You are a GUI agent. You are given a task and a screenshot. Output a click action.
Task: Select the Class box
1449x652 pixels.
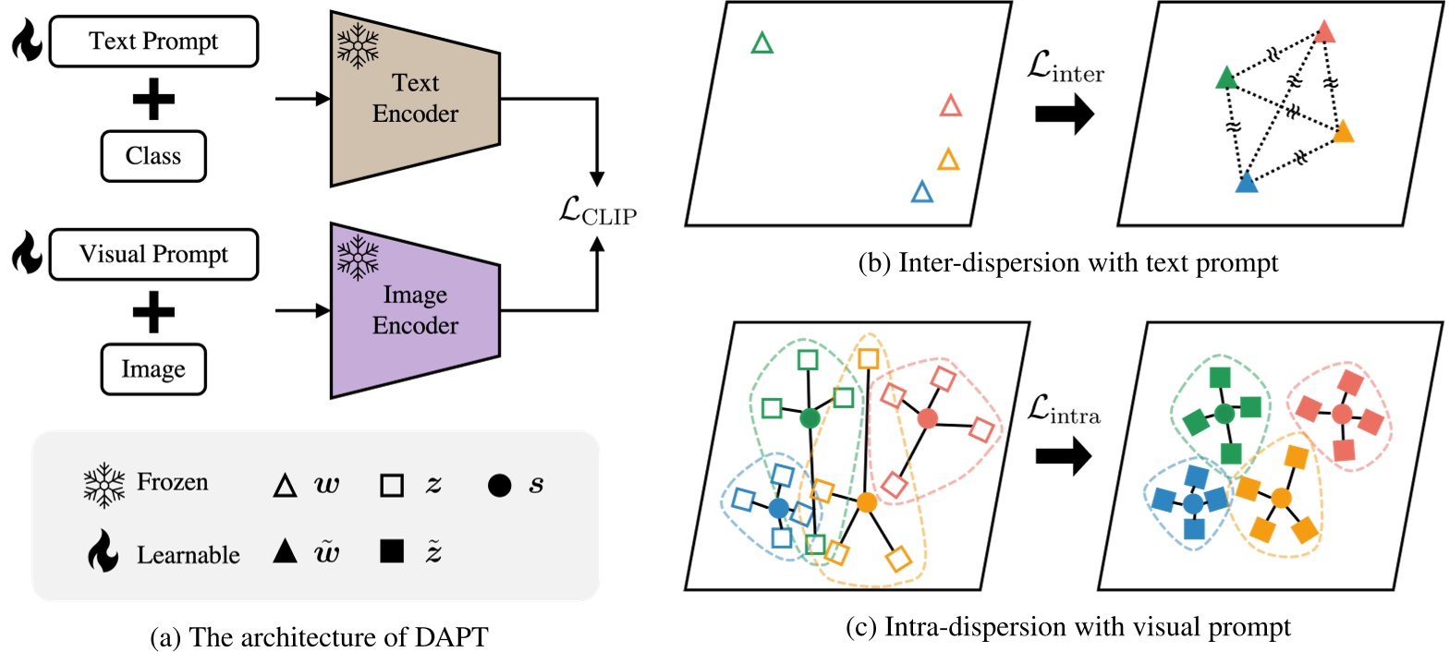(x=153, y=156)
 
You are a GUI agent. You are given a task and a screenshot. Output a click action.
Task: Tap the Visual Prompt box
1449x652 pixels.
(x=153, y=253)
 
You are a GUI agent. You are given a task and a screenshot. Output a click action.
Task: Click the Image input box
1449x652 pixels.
(x=153, y=369)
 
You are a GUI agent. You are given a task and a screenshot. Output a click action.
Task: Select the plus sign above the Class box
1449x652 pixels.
(x=153, y=99)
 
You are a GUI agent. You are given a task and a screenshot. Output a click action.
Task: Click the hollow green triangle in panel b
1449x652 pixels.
(x=761, y=42)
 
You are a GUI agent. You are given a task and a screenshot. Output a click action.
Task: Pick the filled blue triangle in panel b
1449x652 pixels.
(x=1247, y=182)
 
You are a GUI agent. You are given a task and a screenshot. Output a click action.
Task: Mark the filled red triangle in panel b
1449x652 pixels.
(x=1326, y=32)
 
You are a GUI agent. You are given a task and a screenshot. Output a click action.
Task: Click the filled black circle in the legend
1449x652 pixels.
(x=498, y=484)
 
